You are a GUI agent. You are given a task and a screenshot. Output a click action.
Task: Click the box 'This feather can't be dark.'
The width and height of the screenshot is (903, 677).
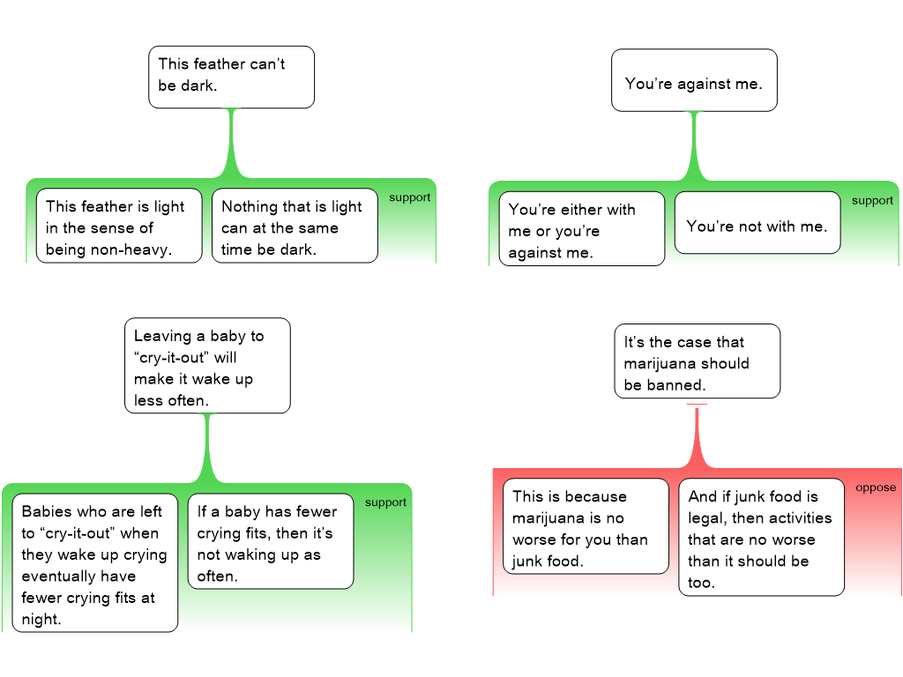(x=232, y=78)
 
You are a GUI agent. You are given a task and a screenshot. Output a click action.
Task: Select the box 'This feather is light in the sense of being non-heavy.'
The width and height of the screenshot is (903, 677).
(x=119, y=226)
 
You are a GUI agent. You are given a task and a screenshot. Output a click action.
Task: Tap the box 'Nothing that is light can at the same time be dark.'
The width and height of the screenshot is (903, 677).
(x=295, y=226)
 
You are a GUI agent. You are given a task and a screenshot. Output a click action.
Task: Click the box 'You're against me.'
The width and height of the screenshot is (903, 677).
(x=694, y=80)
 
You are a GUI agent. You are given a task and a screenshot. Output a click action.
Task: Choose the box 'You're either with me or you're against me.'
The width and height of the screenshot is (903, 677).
(x=582, y=228)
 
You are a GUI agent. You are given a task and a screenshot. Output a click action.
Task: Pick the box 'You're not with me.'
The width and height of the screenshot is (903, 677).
(x=757, y=223)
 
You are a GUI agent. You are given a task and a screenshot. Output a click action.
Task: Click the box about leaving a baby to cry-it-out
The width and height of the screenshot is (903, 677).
(x=207, y=366)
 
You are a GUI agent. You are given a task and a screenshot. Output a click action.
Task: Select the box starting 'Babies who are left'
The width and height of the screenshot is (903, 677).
(x=95, y=563)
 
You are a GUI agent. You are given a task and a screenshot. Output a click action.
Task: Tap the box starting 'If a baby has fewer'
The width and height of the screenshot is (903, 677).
(x=271, y=541)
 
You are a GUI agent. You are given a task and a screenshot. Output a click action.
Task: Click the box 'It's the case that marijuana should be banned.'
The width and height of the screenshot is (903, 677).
(x=698, y=361)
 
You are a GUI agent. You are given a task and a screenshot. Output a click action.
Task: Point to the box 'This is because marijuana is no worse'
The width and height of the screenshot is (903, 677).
(x=586, y=526)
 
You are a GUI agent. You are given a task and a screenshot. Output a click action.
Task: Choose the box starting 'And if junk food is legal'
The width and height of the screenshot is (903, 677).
(x=761, y=537)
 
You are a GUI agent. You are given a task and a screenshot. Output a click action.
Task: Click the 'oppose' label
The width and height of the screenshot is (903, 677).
(x=876, y=487)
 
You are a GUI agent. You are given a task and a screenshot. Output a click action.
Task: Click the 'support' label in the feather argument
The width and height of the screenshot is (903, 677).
(x=409, y=197)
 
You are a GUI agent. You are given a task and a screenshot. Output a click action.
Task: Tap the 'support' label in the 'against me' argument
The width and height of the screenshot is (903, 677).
(x=872, y=201)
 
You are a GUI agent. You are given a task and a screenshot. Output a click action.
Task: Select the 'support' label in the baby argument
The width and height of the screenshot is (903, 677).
(x=385, y=502)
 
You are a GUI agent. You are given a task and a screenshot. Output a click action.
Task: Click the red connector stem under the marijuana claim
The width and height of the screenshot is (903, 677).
(x=697, y=436)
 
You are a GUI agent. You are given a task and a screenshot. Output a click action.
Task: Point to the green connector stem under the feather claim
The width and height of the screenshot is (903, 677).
(x=232, y=144)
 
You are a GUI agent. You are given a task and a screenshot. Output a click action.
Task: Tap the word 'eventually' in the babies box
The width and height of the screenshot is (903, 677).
(x=78, y=577)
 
